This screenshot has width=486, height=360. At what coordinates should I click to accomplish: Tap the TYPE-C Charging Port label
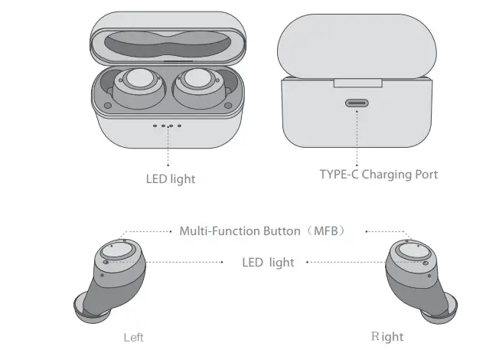378,175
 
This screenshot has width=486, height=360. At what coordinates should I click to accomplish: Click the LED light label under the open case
171,178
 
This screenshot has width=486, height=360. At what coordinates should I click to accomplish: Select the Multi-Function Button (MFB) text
263,231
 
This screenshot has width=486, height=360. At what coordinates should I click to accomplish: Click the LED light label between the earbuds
268,262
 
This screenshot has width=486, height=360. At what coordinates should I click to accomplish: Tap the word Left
134,337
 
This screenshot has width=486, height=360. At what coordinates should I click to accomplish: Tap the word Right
387,336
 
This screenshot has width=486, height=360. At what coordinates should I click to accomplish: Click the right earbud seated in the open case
198,86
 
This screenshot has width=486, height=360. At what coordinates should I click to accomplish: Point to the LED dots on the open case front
167,125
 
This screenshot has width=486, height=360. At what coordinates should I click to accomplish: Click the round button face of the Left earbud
118,252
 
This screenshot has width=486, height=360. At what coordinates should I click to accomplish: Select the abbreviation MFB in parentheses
329,231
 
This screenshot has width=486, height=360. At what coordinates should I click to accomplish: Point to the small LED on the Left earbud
105,262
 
